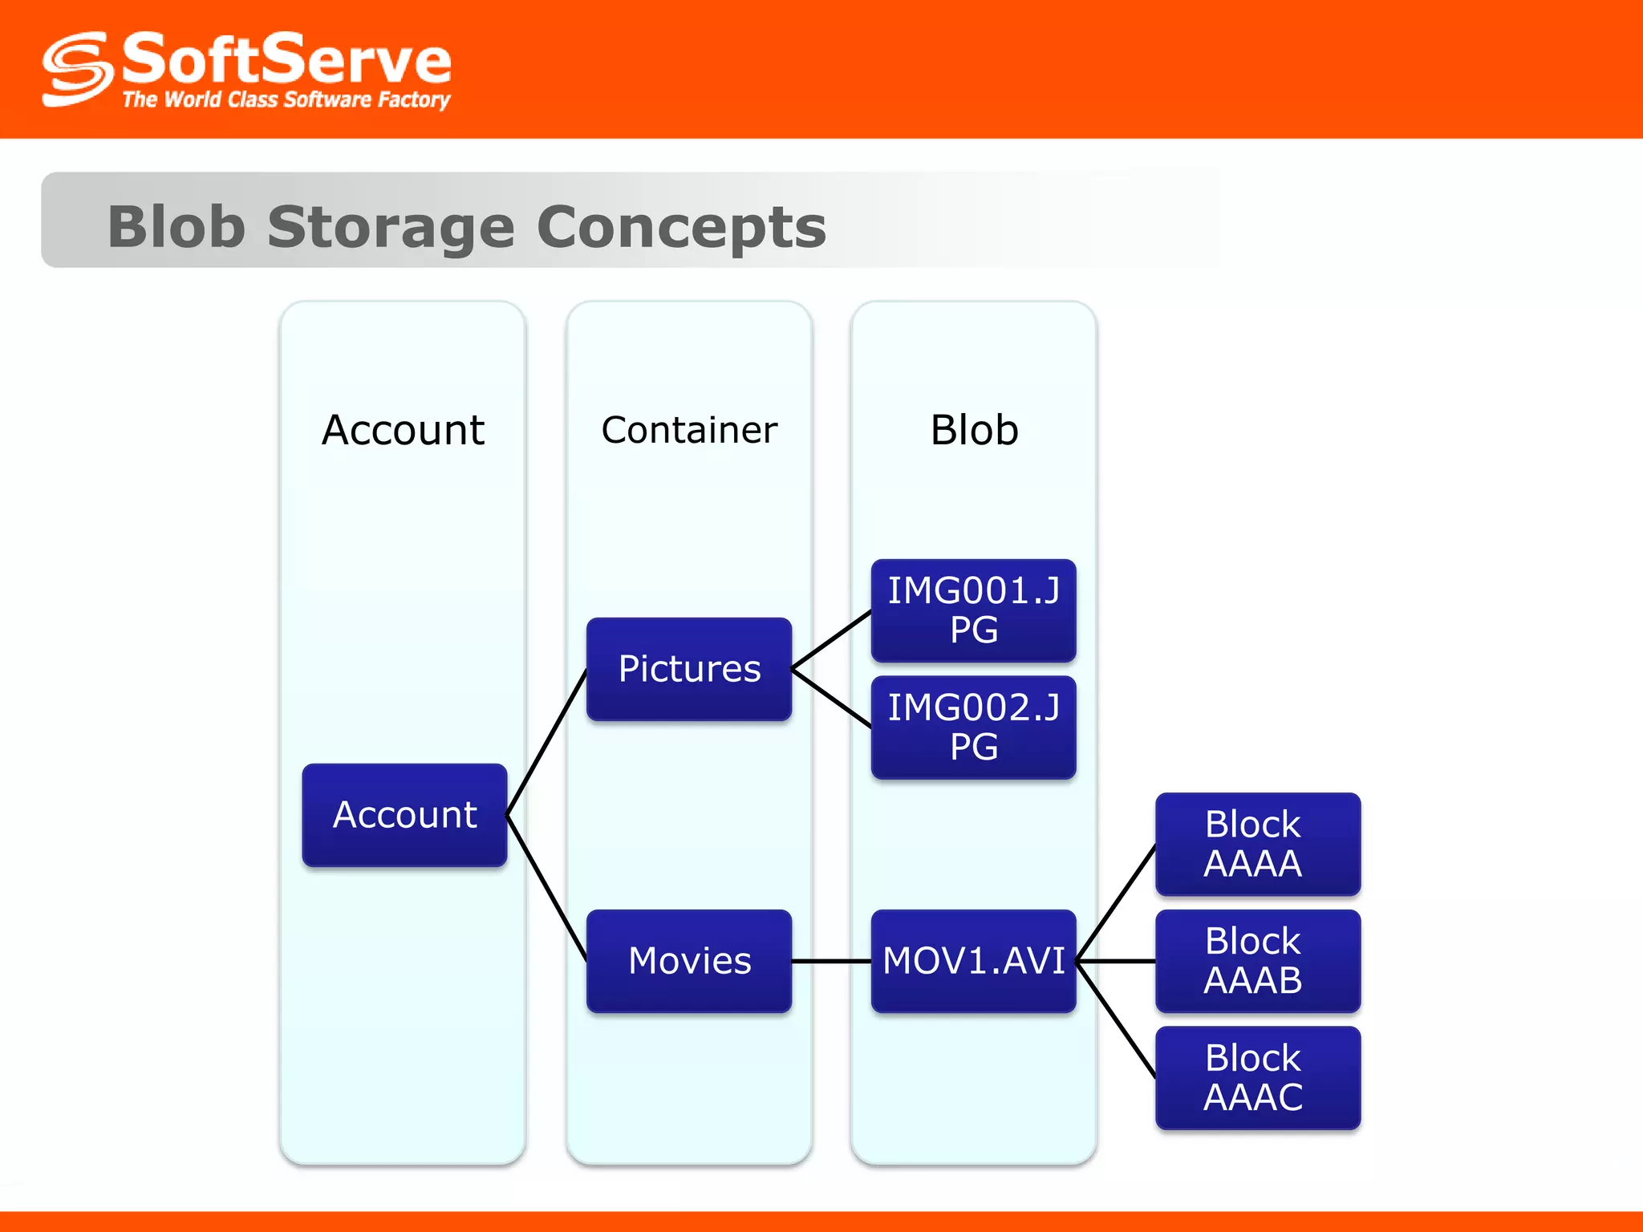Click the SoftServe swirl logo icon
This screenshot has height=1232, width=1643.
tap(77, 70)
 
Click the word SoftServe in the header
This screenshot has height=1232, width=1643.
tap(286, 59)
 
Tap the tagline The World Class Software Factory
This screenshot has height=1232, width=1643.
tap(286, 100)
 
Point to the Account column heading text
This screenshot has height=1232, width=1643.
tap(403, 430)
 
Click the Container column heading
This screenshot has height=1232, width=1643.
tap(689, 430)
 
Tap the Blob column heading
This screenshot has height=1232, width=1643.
tap(974, 430)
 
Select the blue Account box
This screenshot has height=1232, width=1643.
tap(404, 815)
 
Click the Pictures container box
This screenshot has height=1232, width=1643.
tap(689, 669)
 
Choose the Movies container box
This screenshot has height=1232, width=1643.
tap(689, 961)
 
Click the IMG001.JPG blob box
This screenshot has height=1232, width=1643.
tap(973, 610)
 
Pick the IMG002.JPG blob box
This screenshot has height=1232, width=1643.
tap(973, 727)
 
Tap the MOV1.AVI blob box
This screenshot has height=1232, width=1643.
tap(973, 961)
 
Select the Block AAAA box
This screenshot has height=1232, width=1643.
tap(1257, 844)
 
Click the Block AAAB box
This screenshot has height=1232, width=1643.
tap(1257, 961)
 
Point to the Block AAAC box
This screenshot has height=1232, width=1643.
tap(1257, 1078)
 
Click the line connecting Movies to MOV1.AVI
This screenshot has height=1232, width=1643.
tap(831, 961)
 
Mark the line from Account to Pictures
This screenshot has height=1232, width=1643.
tap(547, 742)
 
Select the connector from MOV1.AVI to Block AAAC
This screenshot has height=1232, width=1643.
tap(1116, 1020)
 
